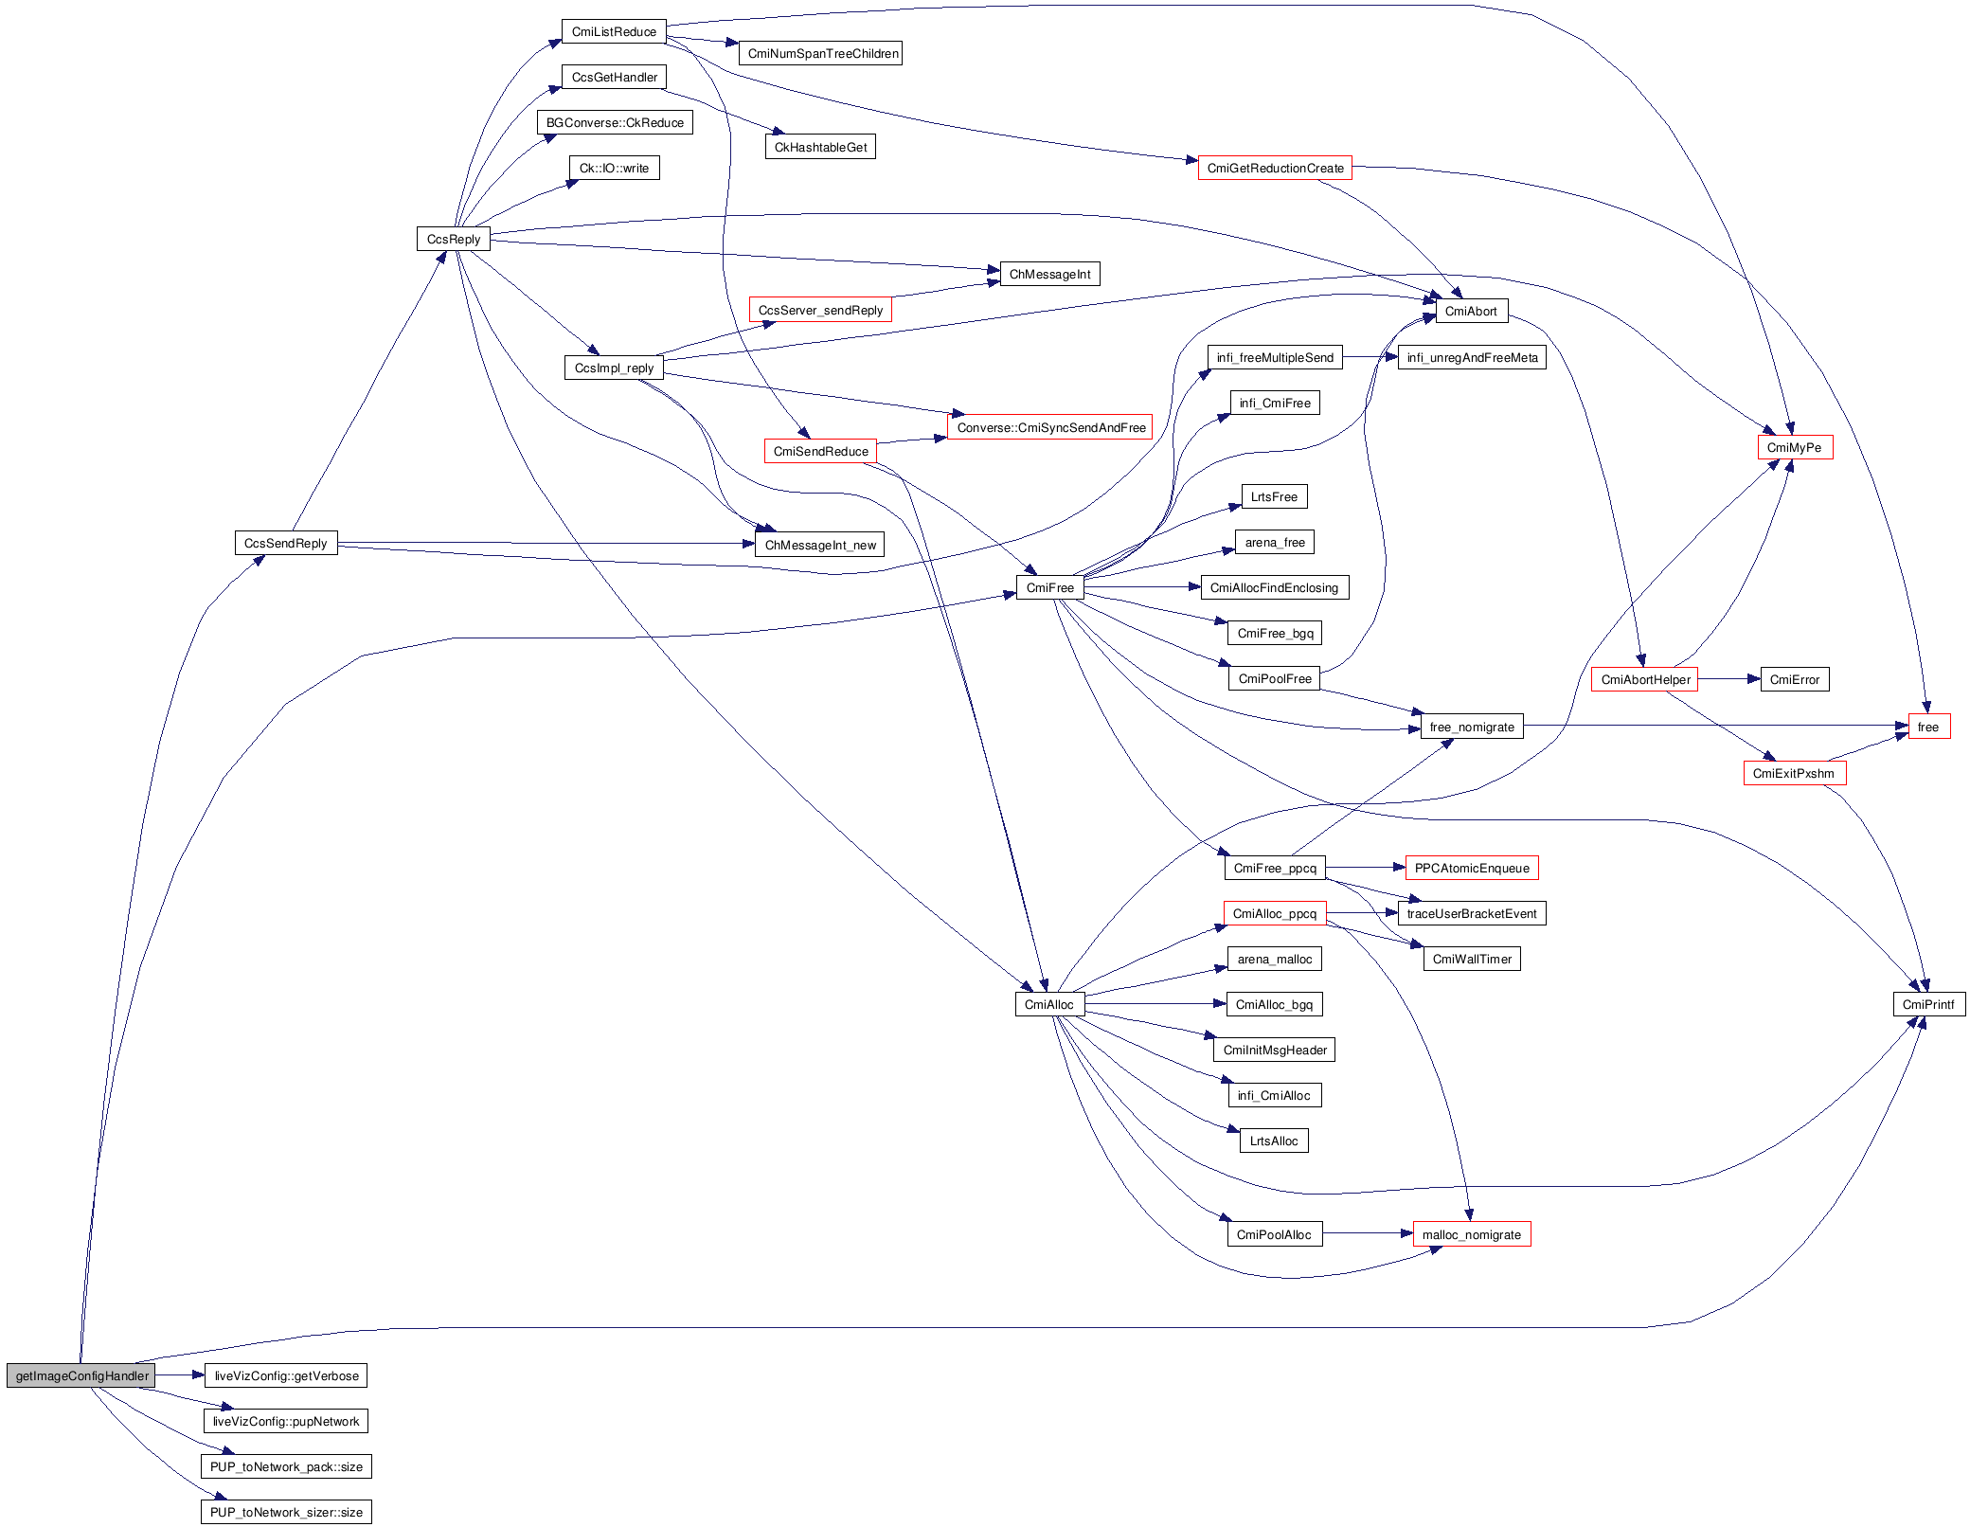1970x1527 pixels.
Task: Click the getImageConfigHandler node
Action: click(x=81, y=1375)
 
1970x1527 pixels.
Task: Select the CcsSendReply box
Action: click(x=285, y=543)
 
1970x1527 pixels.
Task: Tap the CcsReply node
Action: click(x=453, y=239)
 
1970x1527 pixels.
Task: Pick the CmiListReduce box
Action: click(x=614, y=31)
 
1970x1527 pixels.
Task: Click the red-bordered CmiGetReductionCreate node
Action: click(x=1275, y=168)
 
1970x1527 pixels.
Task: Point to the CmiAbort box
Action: click(x=1471, y=311)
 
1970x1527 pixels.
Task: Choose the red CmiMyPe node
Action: click(x=1794, y=447)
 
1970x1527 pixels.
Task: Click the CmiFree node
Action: click(x=1049, y=587)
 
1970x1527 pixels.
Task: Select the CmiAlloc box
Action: click(x=1049, y=1004)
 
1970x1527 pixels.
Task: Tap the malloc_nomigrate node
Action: click(x=1471, y=1234)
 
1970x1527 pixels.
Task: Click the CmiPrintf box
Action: click(x=1928, y=1004)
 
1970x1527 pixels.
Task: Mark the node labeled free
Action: click(x=1928, y=727)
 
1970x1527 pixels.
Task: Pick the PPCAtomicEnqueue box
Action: click(x=1471, y=868)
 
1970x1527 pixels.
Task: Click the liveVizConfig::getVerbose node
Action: click(x=286, y=1375)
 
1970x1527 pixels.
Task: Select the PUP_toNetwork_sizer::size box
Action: click(x=286, y=1512)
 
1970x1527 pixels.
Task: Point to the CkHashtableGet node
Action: click(x=820, y=147)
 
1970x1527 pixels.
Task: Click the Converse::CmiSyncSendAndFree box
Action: click(x=1050, y=427)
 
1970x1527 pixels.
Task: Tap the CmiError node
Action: click(x=1794, y=679)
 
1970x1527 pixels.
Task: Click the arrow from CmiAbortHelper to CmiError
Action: click(x=1728, y=679)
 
